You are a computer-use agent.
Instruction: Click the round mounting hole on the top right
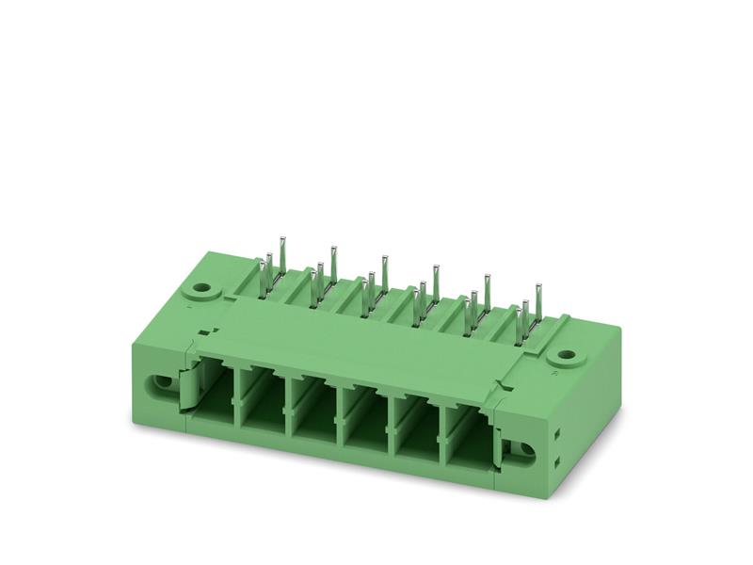(x=566, y=356)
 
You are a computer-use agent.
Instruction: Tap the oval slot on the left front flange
(x=163, y=385)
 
